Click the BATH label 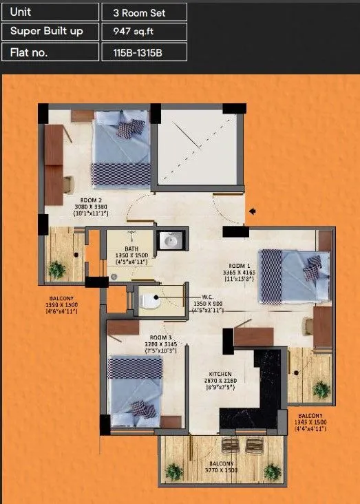(132, 249)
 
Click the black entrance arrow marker (253, 211)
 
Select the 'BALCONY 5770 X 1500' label (222, 466)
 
